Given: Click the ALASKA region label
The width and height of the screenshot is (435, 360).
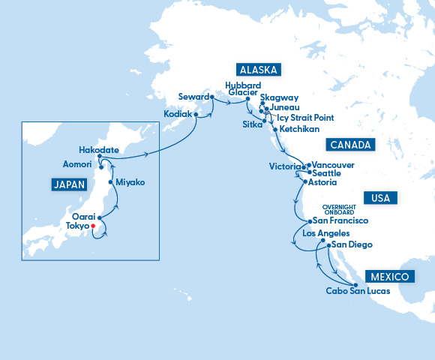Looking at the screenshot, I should click(x=259, y=70).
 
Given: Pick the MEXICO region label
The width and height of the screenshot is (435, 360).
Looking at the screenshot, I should click(x=388, y=277).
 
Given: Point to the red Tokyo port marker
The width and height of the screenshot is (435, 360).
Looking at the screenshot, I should click(x=92, y=226).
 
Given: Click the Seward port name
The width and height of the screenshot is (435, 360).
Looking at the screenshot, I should click(x=193, y=96).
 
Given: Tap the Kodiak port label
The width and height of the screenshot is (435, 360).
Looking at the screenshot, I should click(x=177, y=114).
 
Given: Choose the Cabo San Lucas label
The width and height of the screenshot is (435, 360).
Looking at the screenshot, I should click(x=358, y=291).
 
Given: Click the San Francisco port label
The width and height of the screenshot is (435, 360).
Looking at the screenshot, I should click(x=340, y=221).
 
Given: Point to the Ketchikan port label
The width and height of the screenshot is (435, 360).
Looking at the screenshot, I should click(x=301, y=129).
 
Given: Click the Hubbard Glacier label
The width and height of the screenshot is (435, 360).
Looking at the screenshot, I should click(x=242, y=89).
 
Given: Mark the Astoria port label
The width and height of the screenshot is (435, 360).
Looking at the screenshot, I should click(x=322, y=182).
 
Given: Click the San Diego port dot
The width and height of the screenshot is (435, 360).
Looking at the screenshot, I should click(x=328, y=245).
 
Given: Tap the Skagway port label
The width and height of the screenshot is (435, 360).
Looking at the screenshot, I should click(x=280, y=97).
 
